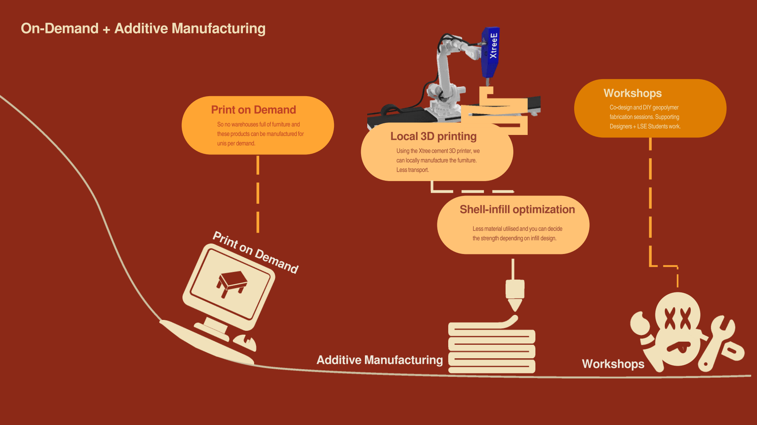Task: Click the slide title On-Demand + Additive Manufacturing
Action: [143, 28]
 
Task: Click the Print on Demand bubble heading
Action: [253, 110]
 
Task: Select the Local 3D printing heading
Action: [433, 136]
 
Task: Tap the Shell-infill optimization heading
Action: [517, 209]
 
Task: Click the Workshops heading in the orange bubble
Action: [632, 93]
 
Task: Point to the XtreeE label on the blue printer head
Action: [493, 46]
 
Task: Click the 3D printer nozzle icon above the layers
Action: [515, 294]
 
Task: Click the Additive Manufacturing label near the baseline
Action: [379, 360]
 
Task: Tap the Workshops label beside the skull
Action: [613, 364]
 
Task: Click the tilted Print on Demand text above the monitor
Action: [256, 252]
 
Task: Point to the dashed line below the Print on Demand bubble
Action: [258, 194]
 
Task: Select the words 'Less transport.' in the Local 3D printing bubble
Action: [412, 170]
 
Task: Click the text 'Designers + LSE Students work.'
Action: [645, 126]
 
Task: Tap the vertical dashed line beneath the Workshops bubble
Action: [650, 194]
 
